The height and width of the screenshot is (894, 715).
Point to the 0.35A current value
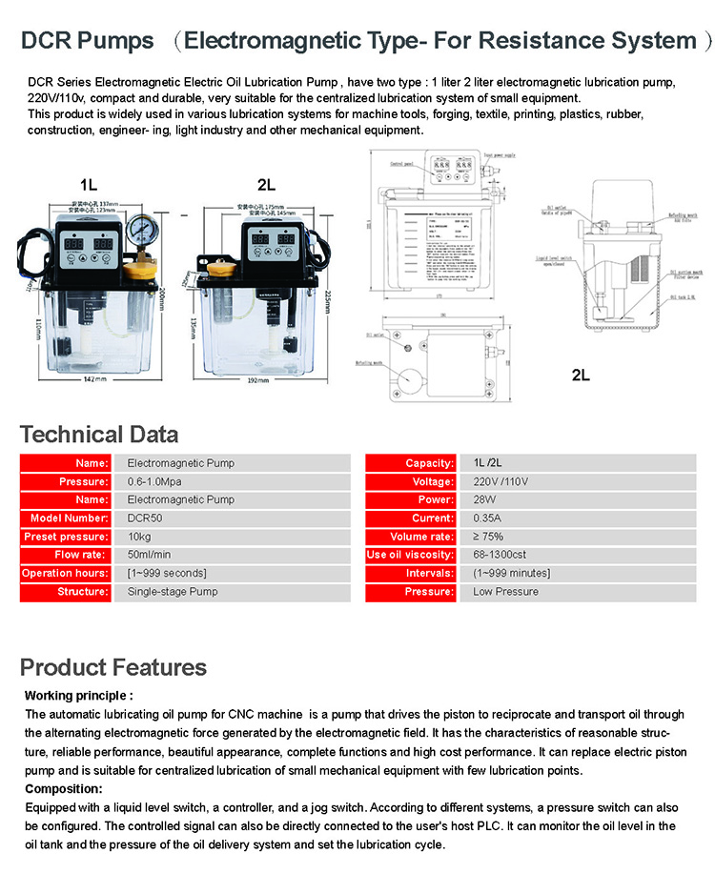pos(488,518)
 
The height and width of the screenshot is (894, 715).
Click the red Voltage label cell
pos(410,481)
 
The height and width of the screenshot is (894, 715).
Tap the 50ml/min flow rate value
pos(149,555)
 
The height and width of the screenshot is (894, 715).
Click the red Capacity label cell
pos(410,463)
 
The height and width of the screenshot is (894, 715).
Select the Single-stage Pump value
pos(173,592)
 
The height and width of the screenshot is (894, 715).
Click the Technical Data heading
pos(99,436)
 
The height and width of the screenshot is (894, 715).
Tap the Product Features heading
pos(113,667)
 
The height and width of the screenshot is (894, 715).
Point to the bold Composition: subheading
pos(64,789)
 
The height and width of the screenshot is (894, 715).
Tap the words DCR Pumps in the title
pos(88,41)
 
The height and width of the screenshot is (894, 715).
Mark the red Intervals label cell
pos(410,573)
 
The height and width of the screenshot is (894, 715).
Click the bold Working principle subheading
pos(78,696)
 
